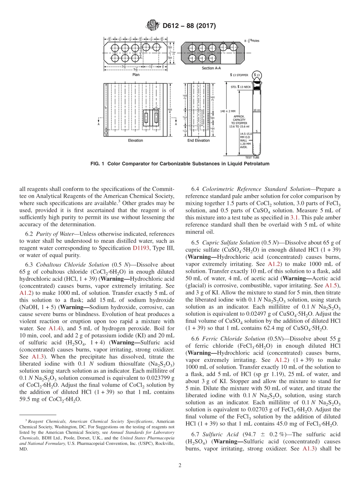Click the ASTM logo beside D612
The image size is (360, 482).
(x=153, y=26)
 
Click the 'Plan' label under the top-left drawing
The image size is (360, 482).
(x=136, y=75)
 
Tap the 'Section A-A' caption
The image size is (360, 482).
(x=210, y=68)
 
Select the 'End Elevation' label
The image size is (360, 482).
(x=199, y=141)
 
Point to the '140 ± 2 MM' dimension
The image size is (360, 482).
(x=228, y=111)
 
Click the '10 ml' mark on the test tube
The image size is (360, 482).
(x=257, y=110)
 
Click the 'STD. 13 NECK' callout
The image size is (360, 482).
(x=241, y=87)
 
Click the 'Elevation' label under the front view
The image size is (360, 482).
(x=135, y=141)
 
